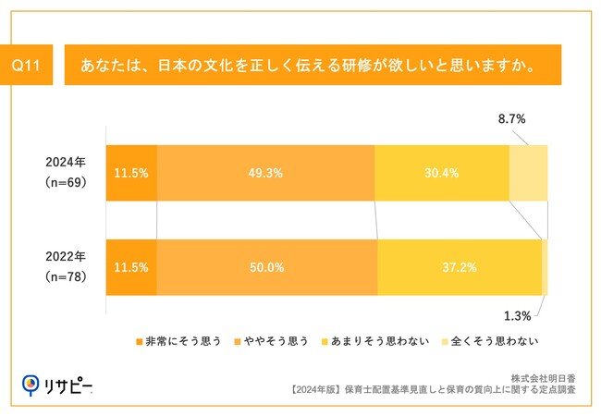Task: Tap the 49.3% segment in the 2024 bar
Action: pos(266,173)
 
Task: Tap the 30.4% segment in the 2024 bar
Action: pos(442,173)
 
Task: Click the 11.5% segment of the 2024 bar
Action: pos(131,173)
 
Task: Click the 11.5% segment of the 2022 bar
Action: pos(131,267)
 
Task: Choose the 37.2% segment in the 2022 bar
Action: pos(460,267)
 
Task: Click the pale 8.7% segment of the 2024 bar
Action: pos(528,173)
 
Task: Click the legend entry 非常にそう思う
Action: pos(179,340)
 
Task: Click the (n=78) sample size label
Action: pos(66,276)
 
